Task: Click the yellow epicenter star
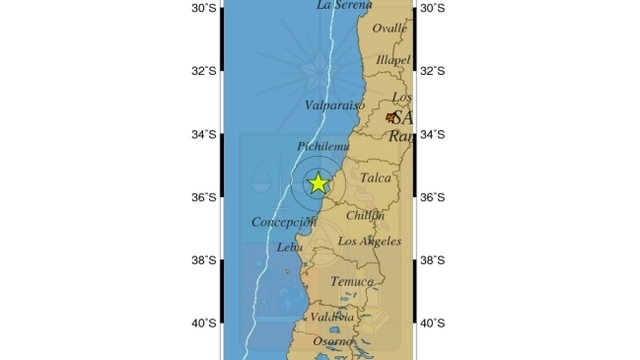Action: point(318,182)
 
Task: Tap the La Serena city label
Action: point(344,5)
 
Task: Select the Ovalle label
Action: point(389,29)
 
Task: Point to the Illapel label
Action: point(392,60)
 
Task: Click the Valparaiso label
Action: point(334,105)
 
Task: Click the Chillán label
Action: point(365,215)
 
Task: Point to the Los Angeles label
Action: point(370,241)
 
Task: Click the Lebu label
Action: point(290,248)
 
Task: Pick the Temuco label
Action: point(351,282)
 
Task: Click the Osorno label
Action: point(333,341)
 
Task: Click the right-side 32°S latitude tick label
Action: point(433,71)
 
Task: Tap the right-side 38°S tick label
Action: point(433,260)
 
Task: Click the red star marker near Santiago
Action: point(391,117)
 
